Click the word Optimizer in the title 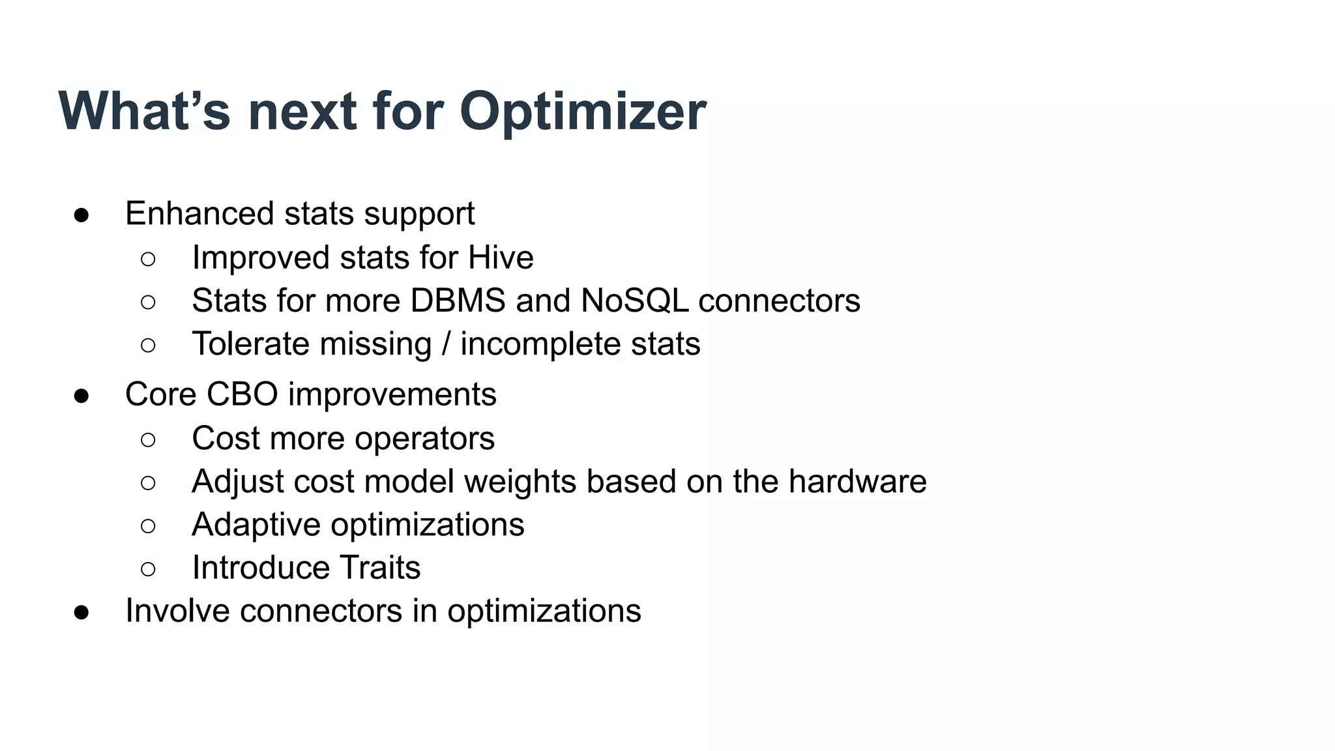(x=582, y=112)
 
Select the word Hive (x=501, y=258)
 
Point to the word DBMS (x=458, y=301)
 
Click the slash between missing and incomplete (x=446, y=344)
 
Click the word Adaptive (x=256, y=525)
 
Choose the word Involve (x=177, y=611)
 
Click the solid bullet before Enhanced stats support (x=81, y=215)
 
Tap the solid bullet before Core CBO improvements (x=81, y=396)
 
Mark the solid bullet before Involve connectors (x=81, y=612)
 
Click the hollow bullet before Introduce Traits (x=148, y=569)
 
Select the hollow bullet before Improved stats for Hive (x=148, y=259)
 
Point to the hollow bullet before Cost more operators (x=148, y=439)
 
